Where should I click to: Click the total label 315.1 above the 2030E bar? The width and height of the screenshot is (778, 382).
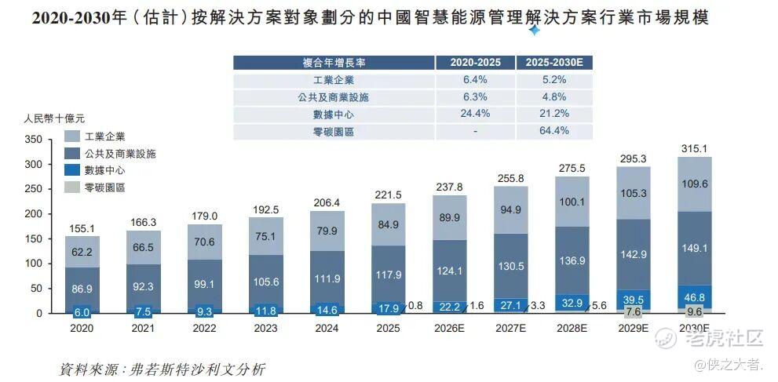click(x=695, y=148)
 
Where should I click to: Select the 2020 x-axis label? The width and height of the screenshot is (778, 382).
click(x=82, y=328)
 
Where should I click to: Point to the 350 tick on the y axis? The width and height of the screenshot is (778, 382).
click(x=34, y=140)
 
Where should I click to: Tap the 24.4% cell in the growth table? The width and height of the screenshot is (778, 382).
click(x=475, y=114)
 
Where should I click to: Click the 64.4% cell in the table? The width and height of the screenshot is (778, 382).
click(x=553, y=131)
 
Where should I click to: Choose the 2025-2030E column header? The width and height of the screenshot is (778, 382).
click(x=554, y=63)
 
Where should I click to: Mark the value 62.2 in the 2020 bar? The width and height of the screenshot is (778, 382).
click(x=82, y=253)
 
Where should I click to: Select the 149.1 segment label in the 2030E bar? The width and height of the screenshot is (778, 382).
click(x=695, y=249)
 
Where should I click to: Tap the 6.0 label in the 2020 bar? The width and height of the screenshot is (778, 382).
click(x=82, y=313)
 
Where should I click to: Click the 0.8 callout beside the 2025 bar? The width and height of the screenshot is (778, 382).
click(x=415, y=306)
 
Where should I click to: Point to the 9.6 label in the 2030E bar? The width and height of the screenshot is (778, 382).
click(x=695, y=313)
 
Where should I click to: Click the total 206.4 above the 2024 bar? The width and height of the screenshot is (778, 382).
click(x=327, y=202)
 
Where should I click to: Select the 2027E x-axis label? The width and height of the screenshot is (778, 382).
click(x=510, y=328)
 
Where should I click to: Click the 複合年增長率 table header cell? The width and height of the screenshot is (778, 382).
click(x=334, y=63)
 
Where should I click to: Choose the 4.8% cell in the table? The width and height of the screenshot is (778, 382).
click(x=553, y=96)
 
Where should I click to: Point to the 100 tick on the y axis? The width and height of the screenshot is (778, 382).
click(x=34, y=264)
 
